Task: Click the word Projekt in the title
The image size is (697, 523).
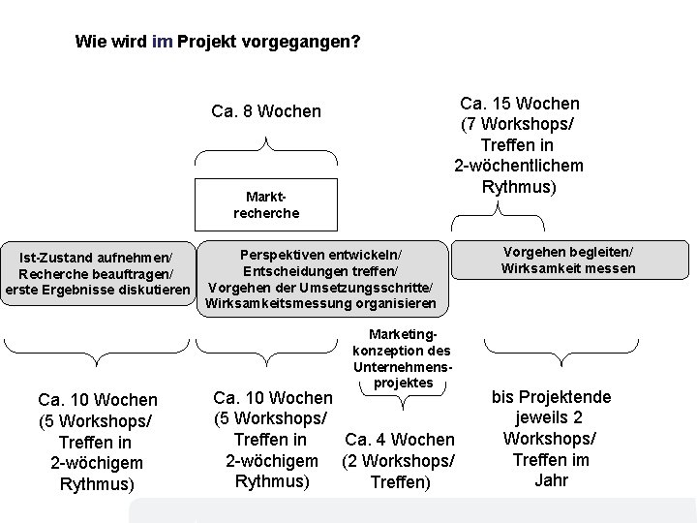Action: point(211,43)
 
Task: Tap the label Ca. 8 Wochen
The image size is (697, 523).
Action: point(266,111)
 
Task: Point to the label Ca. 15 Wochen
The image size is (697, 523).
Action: point(520,103)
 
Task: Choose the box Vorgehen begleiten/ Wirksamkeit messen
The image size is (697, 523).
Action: point(568,260)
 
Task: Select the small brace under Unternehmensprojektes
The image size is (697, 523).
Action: point(402,389)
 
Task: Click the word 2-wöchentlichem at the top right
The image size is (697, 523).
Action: point(520,165)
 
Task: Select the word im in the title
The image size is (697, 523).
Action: point(163,43)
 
